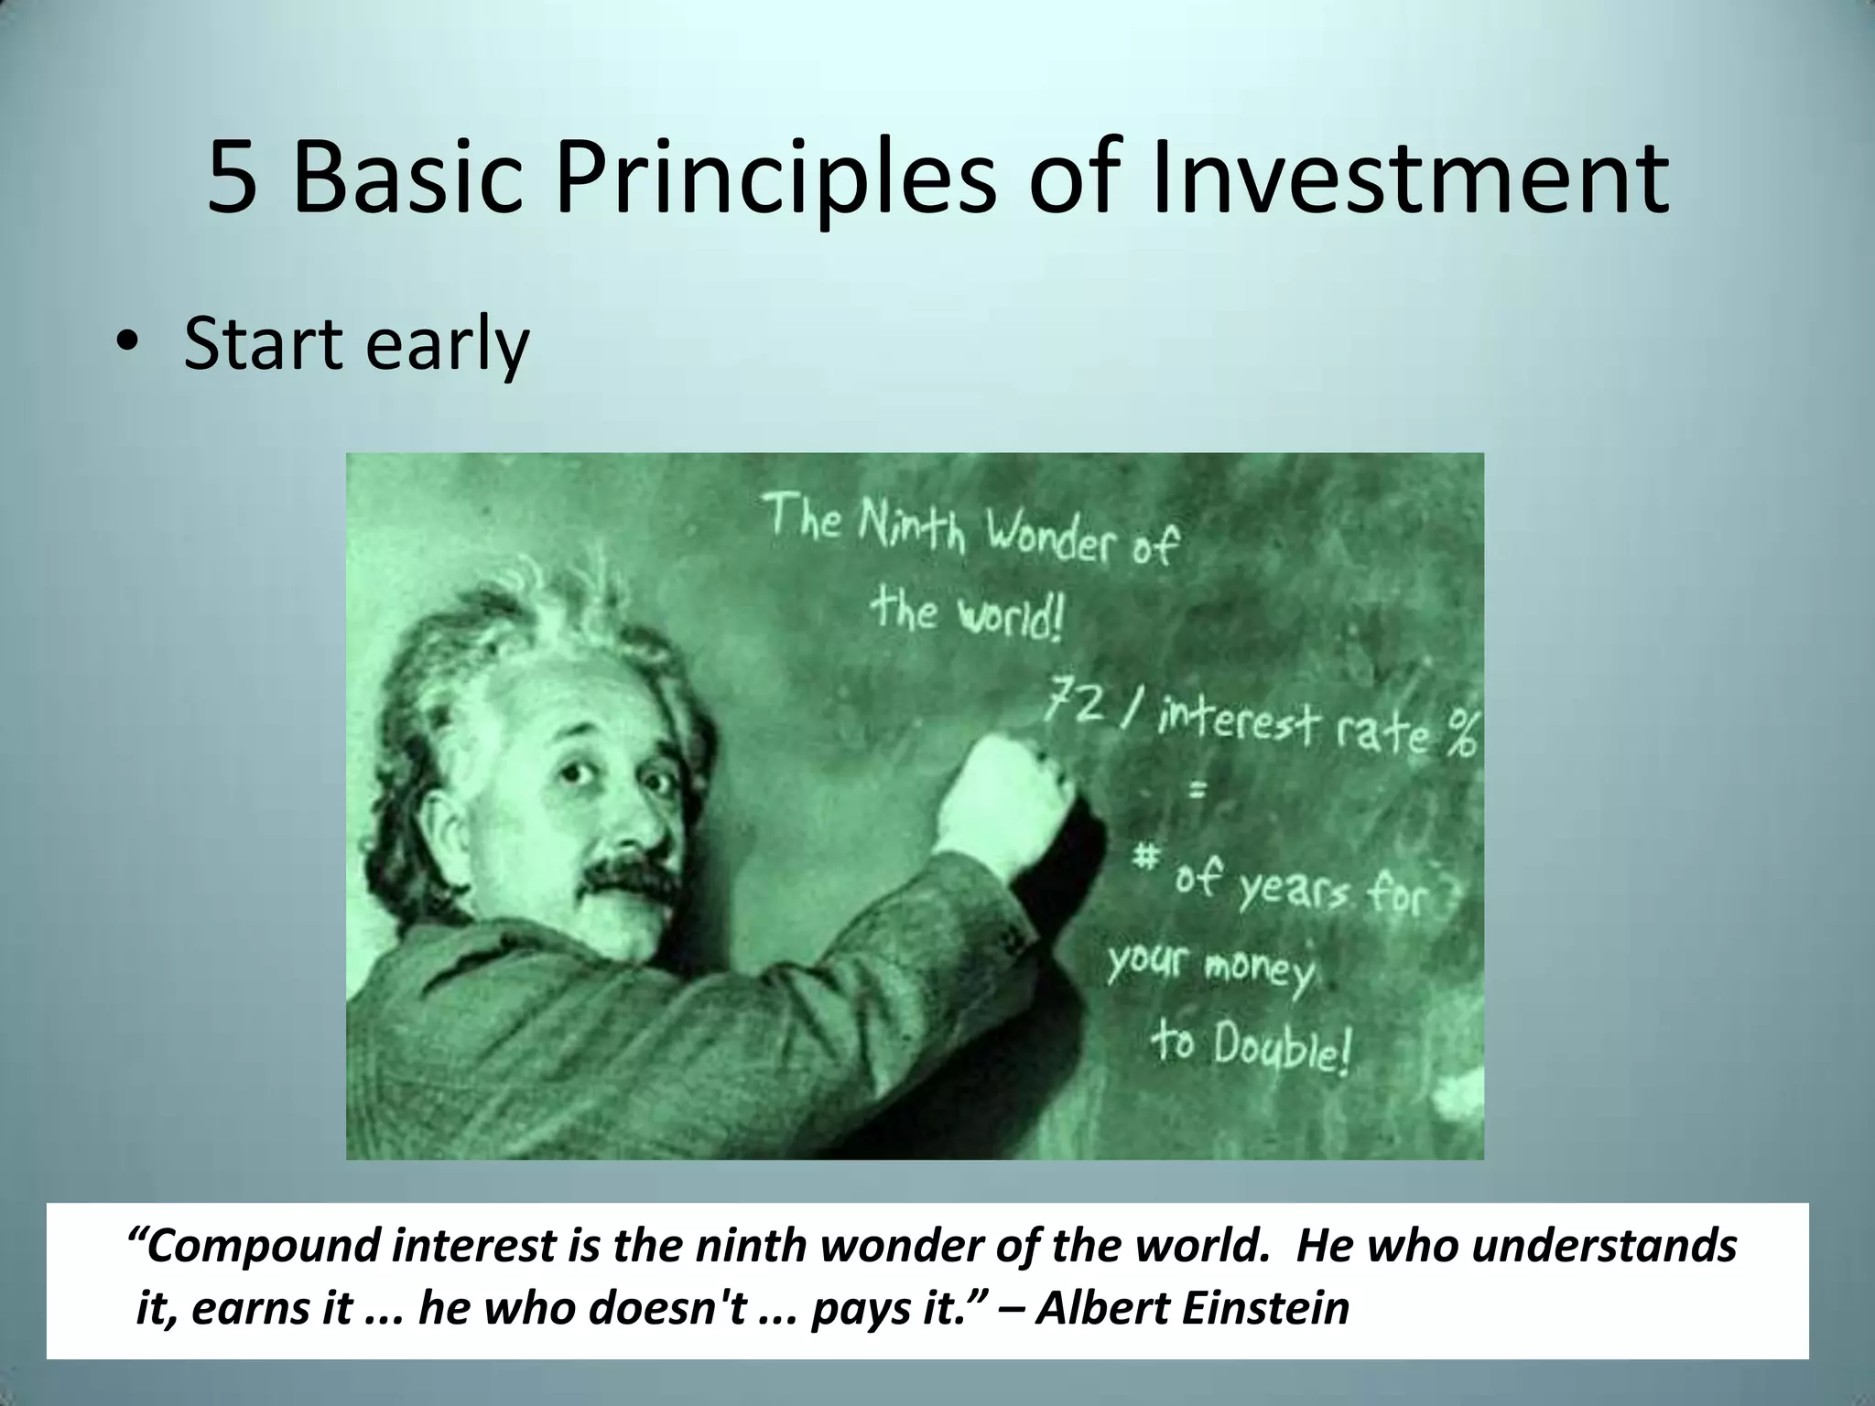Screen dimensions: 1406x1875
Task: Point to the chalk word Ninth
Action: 911,526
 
